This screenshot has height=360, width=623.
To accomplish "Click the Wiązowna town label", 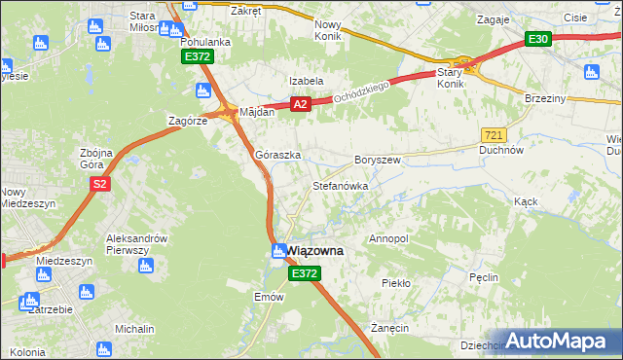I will (315, 251).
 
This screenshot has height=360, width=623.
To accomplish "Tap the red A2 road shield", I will (300, 104).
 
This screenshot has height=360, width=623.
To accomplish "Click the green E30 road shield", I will (538, 39).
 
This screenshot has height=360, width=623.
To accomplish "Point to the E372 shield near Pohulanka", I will (197, 57).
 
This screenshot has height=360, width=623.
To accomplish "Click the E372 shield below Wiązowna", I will (304, 275).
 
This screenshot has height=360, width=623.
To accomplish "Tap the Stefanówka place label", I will (340, 185).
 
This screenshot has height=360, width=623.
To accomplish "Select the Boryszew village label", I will (378, 160).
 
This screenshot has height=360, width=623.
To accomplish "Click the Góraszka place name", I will (277, 155).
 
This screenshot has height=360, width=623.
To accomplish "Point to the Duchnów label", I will (502, 151).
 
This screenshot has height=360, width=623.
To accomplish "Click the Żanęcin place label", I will (388, 329).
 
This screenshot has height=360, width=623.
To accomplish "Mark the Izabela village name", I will (305, 81).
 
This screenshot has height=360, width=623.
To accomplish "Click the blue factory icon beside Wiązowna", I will (278, 251).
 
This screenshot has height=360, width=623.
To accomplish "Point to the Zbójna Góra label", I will (97, 159).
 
